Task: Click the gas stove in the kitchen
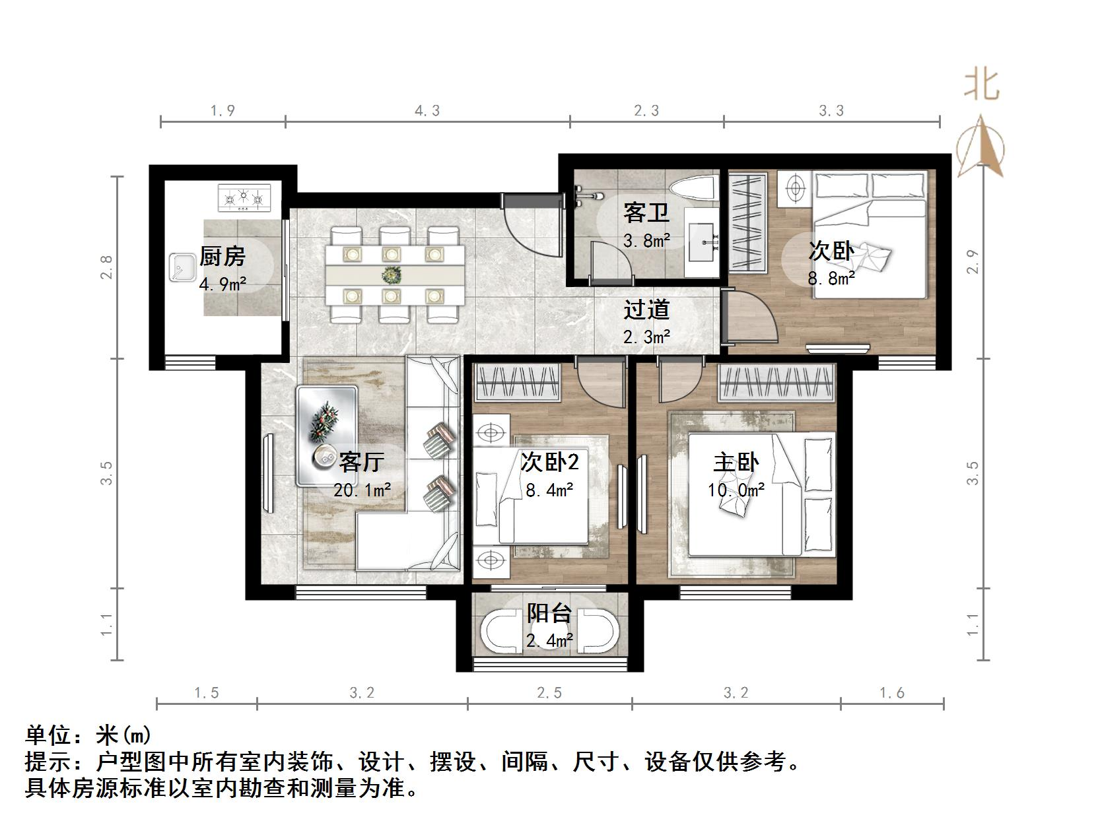[x=244, y=198]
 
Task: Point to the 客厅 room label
[x=361, y=461]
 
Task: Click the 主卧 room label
[x=736, y=462]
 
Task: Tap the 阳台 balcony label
[x=549, y=613]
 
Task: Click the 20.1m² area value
[x=362, y=490]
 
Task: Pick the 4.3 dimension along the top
[x=427, y=111]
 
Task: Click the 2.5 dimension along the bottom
[x=549, y=693]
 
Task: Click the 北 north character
[x=982, y=85]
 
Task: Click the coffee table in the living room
[x=327, y=436]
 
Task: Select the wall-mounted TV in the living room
[x=267, y=473]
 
